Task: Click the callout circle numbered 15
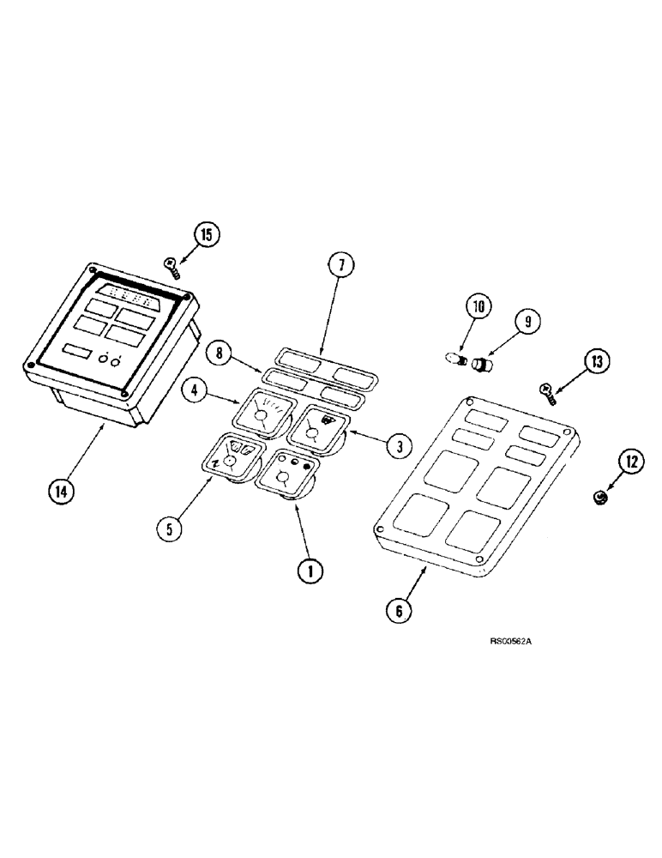pyautogui.click(x=206, y=235)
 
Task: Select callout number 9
pyautogui.click(x=527, y=323)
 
